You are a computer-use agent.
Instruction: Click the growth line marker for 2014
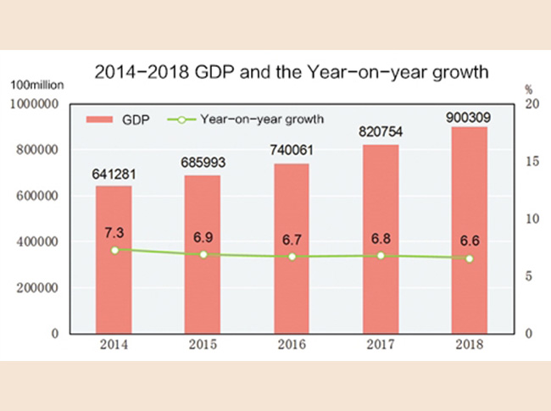pyautogui.click(x=114, y=250)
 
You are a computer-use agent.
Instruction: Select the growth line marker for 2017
pyautogui.click(x=381, y=255)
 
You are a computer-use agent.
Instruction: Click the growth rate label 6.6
pyautogui.click(x=469, y=240)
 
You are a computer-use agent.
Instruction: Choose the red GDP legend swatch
pyautogui.click(x=102, y=120)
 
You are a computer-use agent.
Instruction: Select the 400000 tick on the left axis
pyautogui.click(x=37, y=242)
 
